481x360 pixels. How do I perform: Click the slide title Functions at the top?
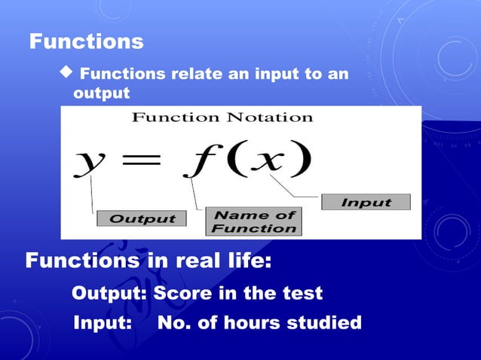pyautogui.click(x=86, y=41)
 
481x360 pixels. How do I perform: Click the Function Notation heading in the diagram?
pyautogui.click(x=222, y=117)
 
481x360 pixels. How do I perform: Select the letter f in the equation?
pyautogui.click(x=198, y=160)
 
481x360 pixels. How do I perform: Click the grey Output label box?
pyautogui.click(x=141, y=218)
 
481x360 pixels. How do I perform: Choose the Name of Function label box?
pyautogui.click(x=252, y=221)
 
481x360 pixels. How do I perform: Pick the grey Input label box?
pyautogui.click(x=366, y=202)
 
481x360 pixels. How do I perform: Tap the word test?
pyautogui.click(x=301, y=293)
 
